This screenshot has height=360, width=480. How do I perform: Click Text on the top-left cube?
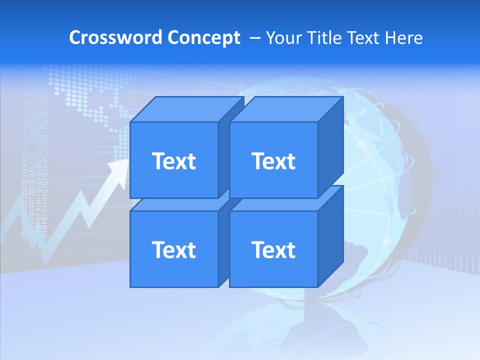coord(173,161)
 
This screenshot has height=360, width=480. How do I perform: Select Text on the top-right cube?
coord(273,161)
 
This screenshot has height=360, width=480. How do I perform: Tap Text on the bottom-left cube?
coord(173,249)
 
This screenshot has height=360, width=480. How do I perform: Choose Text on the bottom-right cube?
coord(273,249)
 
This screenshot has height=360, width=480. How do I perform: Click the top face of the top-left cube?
coord(186,109)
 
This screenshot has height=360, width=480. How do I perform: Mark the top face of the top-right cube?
coord(286,109)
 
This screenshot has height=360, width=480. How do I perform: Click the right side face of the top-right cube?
coord(330,145)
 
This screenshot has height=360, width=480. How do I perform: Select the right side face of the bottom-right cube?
coord(330,235)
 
